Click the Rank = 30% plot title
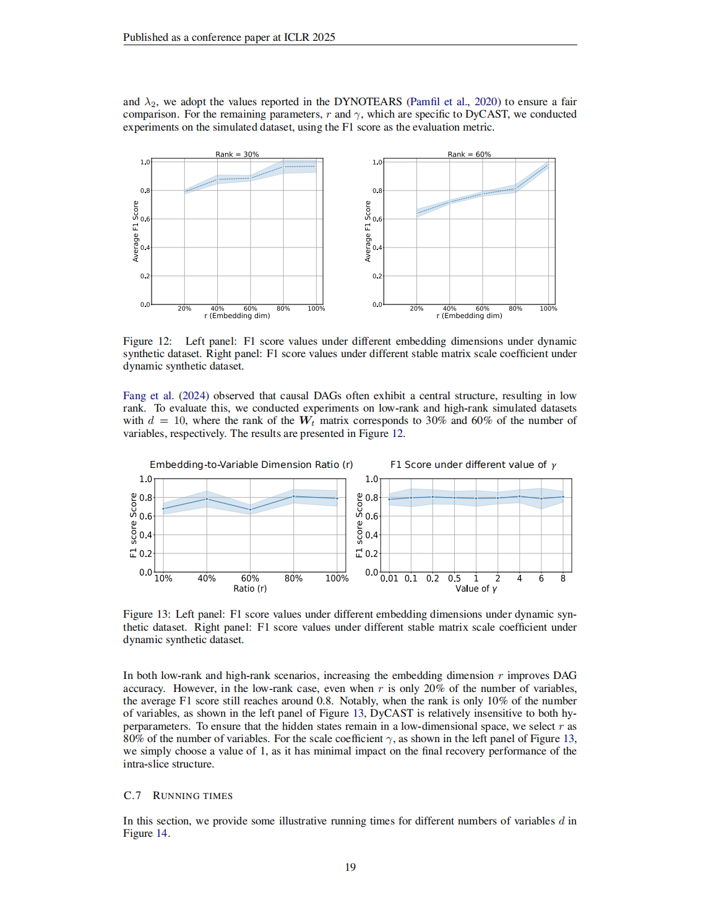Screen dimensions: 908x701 point(237,154)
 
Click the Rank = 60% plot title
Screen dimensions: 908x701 point(469,154)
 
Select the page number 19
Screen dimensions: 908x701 point(350,867)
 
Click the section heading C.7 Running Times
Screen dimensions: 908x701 point(178,795)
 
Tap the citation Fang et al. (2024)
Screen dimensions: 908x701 point(166,396)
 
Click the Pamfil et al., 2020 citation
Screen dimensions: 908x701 point(453,102)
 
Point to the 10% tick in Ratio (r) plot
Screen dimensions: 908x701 point(163,579)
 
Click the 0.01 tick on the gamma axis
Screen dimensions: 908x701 point(389,579)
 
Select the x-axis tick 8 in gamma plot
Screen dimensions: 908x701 point(563,579)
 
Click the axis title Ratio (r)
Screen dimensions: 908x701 point(250,589)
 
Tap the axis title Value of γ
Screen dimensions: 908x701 point(476,589)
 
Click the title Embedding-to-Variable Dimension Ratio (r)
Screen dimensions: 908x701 point(251,465)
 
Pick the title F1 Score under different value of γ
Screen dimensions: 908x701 point(473,465)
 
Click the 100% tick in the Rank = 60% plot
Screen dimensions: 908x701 point(548,308)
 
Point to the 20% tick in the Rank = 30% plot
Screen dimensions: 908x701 point(184,308)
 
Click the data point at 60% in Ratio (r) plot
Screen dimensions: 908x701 point(250,510)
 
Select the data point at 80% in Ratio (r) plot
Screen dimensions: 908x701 point(293,496)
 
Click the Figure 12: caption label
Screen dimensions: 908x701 point(147,341)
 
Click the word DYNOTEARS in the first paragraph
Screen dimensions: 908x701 point(368,102)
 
